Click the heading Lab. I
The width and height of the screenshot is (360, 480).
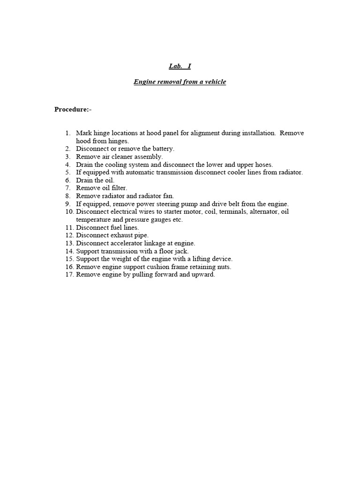pos(180,66)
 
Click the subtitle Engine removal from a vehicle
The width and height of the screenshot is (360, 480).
pos(180,82)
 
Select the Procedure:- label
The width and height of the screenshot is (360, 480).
pos(73,109)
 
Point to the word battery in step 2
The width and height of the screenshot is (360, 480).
pos(162,149)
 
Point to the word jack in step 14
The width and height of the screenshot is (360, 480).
pos(181,251)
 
